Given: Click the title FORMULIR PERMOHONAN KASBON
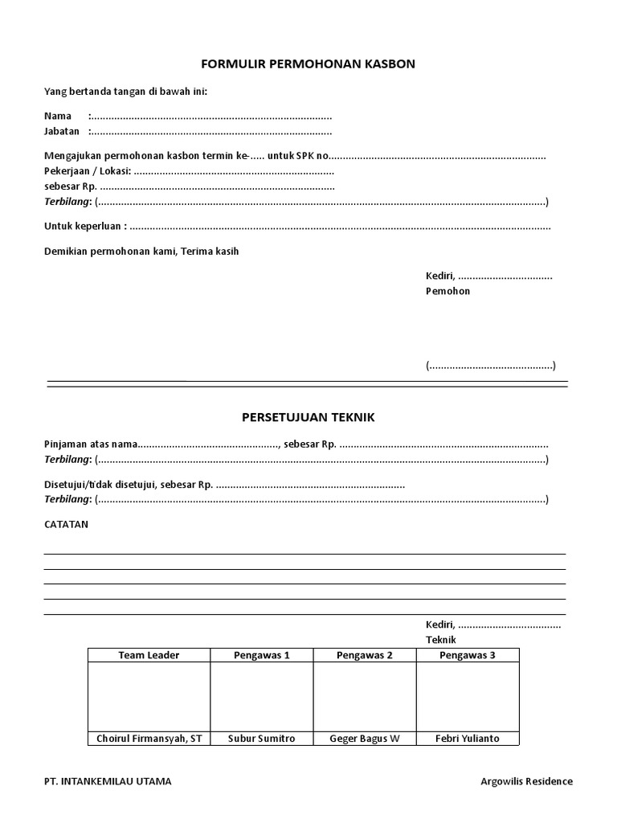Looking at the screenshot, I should tap(308, 63).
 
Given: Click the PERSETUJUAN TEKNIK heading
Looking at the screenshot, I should tap(308, 418).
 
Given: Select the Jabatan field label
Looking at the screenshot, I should tap(62, 132).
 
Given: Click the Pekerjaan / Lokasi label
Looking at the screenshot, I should tap(87, 171).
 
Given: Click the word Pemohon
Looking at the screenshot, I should tap(447, 291).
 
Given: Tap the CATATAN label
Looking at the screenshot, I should tap(67, 524).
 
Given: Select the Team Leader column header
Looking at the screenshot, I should tap(149, 655).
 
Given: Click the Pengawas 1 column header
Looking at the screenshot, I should tap(261, 655).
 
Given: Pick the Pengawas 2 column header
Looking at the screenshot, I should tap(364, 655).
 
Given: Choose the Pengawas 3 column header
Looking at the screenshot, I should tap(467, 655).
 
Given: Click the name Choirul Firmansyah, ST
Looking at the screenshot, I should tap(149, 739).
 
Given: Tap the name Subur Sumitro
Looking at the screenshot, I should tap(261, 739).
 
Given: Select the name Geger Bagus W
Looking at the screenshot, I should tap(364, 739).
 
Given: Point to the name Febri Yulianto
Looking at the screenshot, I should tap(467, 739).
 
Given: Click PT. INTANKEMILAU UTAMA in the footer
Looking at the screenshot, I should tap(107, 781).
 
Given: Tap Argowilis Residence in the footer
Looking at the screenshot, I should tap(526, 781).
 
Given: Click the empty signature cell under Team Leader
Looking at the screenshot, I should tap(149, 696).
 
